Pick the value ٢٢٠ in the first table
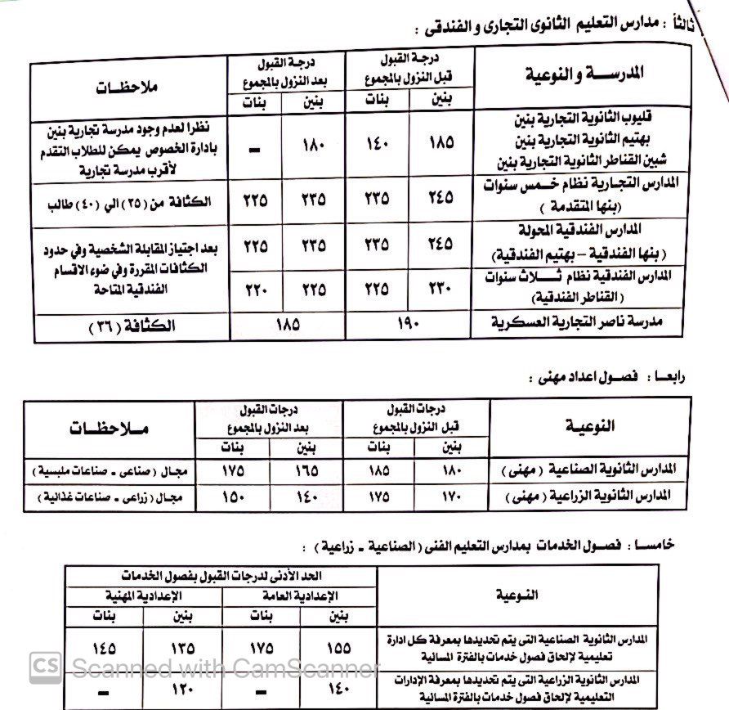pyautogui.click(x=255, y=288)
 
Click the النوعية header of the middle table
pyautogui.click(x=590, y=425)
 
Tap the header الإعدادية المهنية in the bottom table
pyautogui.click(x=144, y=595)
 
